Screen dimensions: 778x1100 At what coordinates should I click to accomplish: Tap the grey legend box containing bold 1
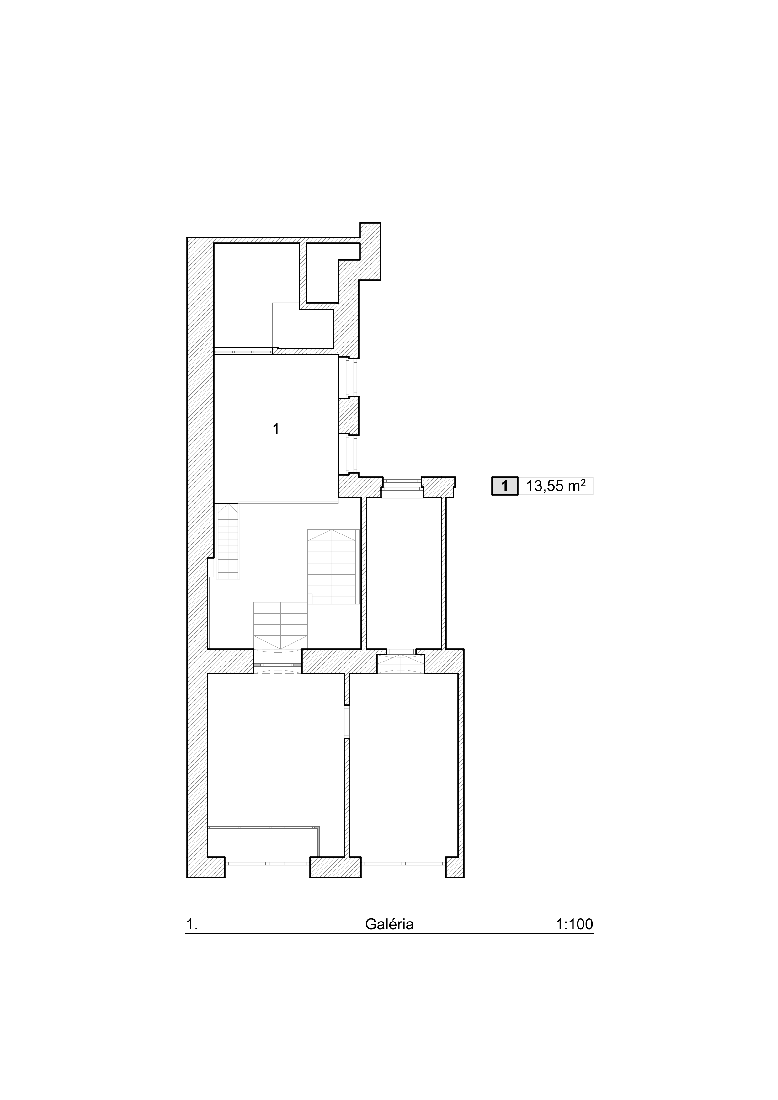[x=504, y=486]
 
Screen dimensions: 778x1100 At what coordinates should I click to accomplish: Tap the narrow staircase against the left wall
[x=228, y=541]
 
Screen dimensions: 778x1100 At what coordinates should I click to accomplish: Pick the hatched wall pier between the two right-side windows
[x=349, y=415]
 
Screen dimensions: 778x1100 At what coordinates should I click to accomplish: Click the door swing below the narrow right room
[x=401, y=664]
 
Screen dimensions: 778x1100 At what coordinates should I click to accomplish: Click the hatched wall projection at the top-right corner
[x=370, y=251]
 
